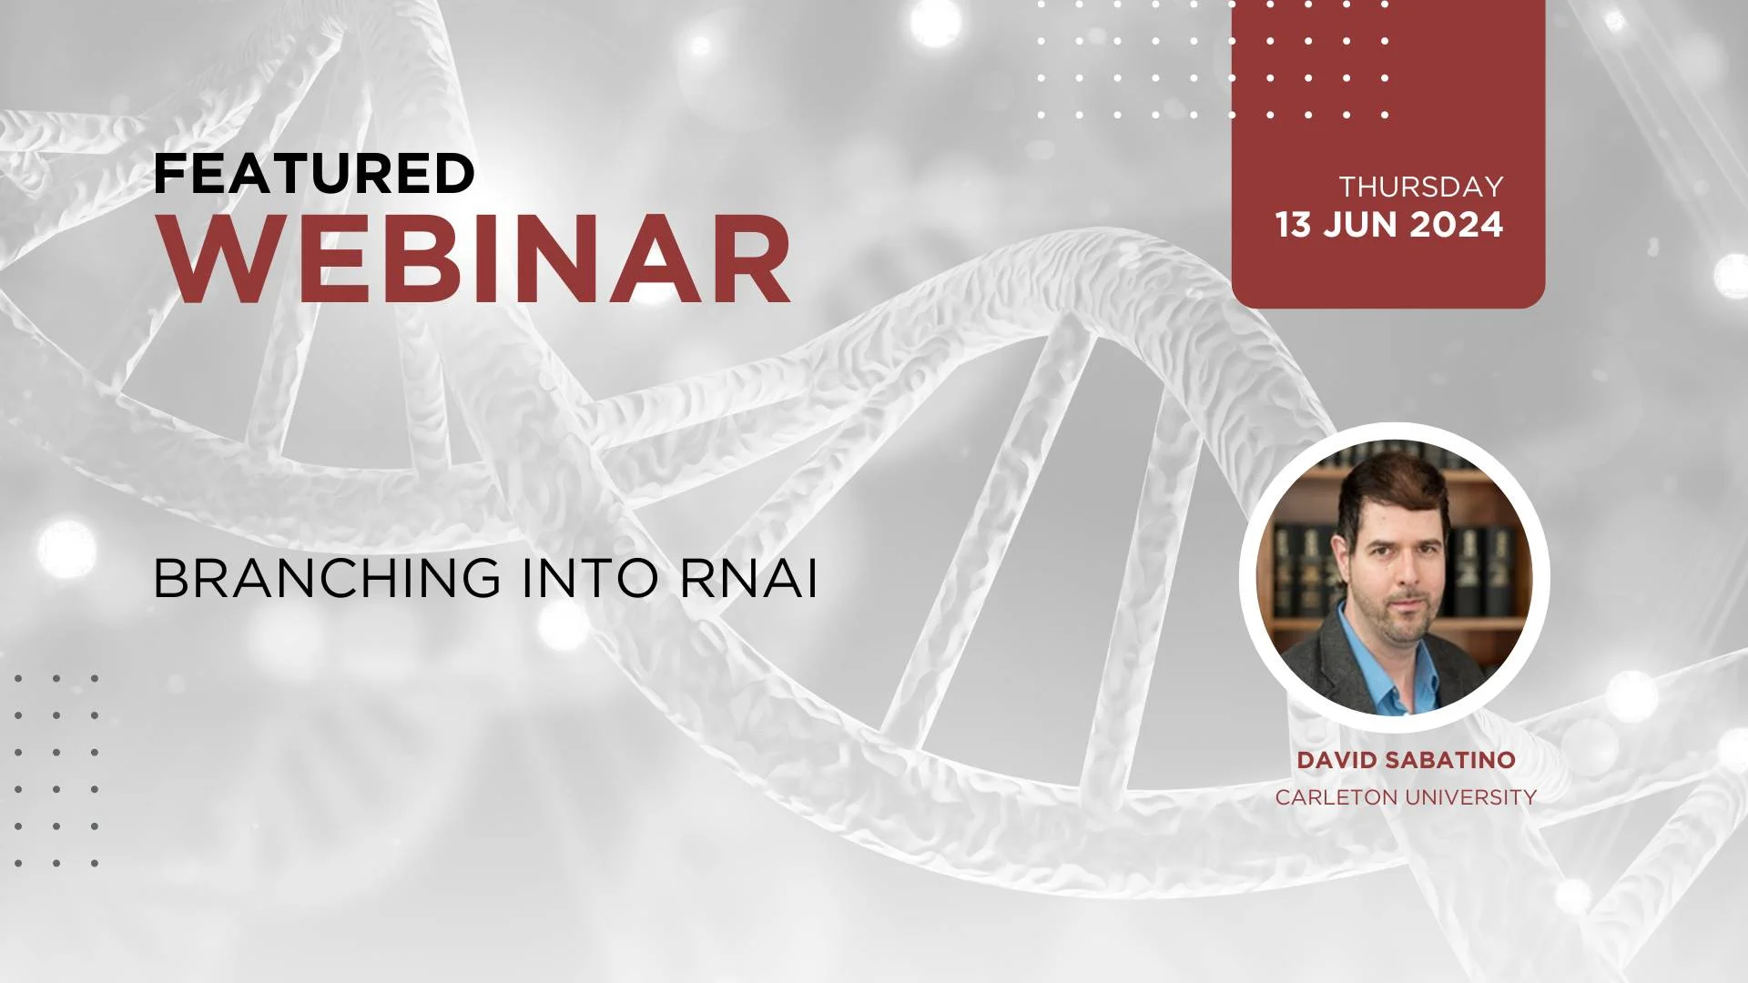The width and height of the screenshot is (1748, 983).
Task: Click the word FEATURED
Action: click(x=314, y=173)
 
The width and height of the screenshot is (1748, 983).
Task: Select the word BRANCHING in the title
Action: click(x=327, y=578)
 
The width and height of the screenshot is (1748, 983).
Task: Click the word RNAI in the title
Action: click(x=748, y=578)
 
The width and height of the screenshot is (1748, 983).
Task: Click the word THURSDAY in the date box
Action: click(x=1421, y=187)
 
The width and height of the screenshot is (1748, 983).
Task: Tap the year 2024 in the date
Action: click(x=1455, y=225)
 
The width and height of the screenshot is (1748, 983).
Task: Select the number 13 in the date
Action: click(x=1293, y=225)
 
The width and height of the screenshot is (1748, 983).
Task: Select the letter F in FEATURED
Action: click(x=168, y=173)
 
